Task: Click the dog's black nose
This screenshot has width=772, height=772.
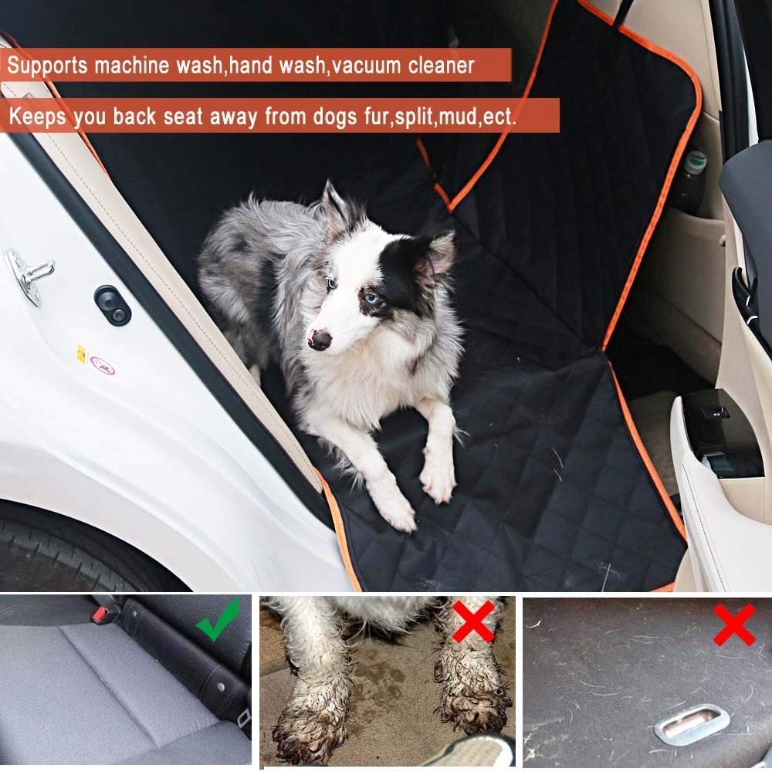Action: [x=319, y=338]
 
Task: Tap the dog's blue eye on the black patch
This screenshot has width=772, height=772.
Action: [x=373, y=299]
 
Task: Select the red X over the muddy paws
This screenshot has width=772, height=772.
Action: [x=472, y=621]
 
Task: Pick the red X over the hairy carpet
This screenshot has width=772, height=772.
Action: [x=733, y=625]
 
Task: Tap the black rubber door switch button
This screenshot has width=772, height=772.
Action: [x=113, y=305]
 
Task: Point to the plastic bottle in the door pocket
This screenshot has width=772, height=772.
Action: [x=690, y=182]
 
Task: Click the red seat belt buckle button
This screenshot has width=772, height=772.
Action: [x=100, y=615]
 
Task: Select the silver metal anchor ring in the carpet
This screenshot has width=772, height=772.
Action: [x=692, y=724]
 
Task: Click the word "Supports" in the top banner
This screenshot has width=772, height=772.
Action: [x=47, y=66]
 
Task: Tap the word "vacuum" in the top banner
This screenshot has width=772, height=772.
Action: [x=372, y=66]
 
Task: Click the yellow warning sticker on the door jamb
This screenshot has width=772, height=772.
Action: [x=80, y=354]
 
